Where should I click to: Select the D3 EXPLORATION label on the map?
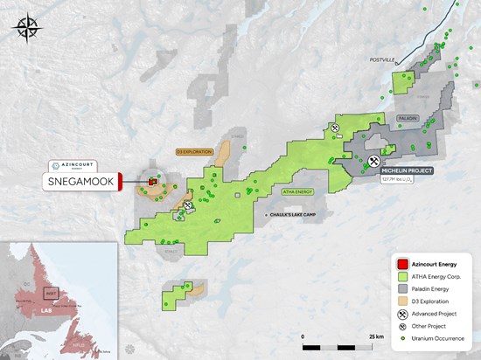194,151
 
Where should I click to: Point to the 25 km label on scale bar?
376,336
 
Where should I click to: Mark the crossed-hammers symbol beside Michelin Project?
374,161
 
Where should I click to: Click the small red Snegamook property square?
151,182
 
